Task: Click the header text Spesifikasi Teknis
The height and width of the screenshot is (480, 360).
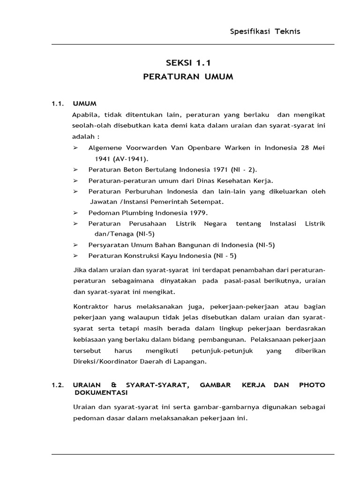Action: point(265,31)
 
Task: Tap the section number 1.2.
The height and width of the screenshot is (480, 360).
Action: point(57,385)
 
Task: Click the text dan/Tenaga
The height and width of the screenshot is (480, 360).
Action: point(111,234)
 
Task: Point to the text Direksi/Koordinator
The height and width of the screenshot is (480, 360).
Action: point(109,361)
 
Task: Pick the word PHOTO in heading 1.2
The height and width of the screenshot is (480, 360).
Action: point(312,385)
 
